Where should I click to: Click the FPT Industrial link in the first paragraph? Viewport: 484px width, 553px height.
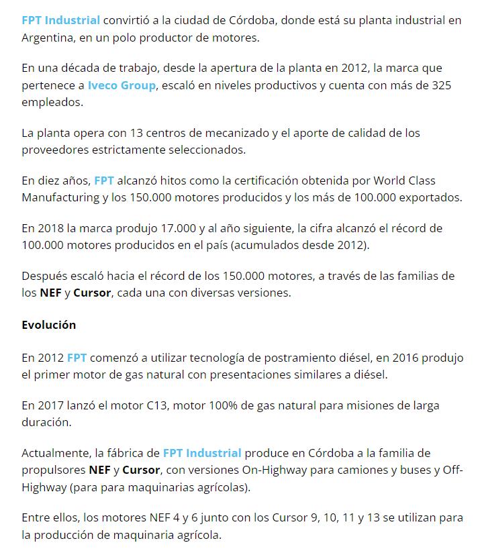tap(61, 20)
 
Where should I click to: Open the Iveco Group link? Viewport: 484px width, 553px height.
tap(122, 86)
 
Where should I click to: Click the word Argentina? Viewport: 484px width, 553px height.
tap(47, 38)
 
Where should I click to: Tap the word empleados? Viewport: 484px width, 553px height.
tap(52, 103)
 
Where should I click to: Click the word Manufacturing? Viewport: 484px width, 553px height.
tap(62, 198)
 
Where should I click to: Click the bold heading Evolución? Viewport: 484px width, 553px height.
tap(48, 325)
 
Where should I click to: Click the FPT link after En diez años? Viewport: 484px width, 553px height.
tap(104, 181)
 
